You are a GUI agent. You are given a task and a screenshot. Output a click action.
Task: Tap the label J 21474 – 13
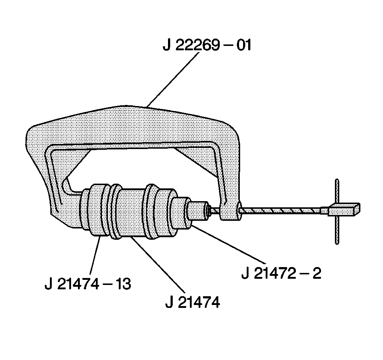pyautogui.click(x=87, y=284)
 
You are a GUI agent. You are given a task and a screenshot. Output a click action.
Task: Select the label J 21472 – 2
pyautogui.click(x=281, y=273)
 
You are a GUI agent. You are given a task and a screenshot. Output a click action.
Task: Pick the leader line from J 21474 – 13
pyautogui.click(x=96, y=257)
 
